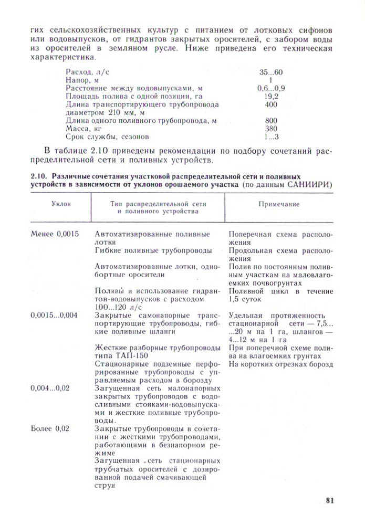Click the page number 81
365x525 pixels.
[x=330, y=500]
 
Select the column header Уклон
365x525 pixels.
[x=61, y=204]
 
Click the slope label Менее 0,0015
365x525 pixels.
[x=55, y=234]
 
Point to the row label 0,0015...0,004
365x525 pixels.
[x=54, y=316]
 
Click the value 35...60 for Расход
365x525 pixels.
[x=271, y=72]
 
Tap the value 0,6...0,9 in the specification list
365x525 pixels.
[x=272, y=88]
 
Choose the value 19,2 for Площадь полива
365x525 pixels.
[x=271, y=97]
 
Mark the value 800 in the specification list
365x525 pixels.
[x=271, y=121]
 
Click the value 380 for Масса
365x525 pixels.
[x=271, y=129]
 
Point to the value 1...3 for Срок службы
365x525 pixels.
[x=271, y=137]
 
